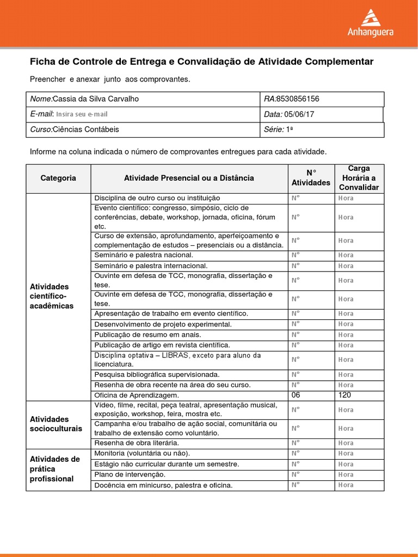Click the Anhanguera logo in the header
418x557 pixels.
point(370,23)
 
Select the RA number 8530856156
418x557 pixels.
point(298,99)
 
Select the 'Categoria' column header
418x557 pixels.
point(58,178)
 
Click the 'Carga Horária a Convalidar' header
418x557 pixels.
point(359,178)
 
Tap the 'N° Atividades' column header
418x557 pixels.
point(311,178)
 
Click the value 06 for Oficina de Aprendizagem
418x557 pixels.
point(296,395)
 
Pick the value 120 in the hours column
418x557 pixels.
point(345,395)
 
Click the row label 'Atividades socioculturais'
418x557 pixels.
point(55,424)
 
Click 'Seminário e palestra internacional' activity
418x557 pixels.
point(151,266)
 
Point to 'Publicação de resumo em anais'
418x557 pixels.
point(147,335)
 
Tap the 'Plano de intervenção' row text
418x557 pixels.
point(130,474)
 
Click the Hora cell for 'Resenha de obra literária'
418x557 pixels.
point(346,443)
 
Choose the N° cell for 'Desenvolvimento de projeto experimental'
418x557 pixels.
point(296,324)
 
